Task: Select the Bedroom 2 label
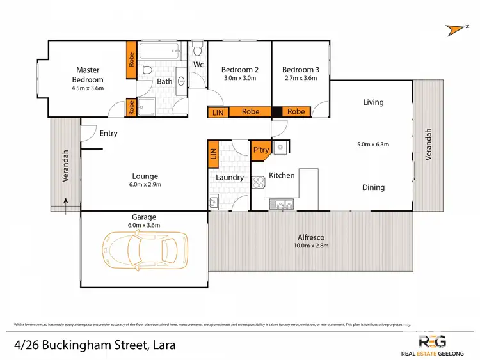(239, 70)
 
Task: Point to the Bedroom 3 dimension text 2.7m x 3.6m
(300, 79)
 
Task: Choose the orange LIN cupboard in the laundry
(213, 154)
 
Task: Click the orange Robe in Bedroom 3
(296, 112)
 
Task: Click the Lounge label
(145, 176)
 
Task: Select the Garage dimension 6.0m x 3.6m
(144, 225)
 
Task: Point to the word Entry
(108, 134)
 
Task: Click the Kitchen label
(281, 175)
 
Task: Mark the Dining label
(373, 187)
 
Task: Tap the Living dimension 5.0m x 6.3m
(372, 145)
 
